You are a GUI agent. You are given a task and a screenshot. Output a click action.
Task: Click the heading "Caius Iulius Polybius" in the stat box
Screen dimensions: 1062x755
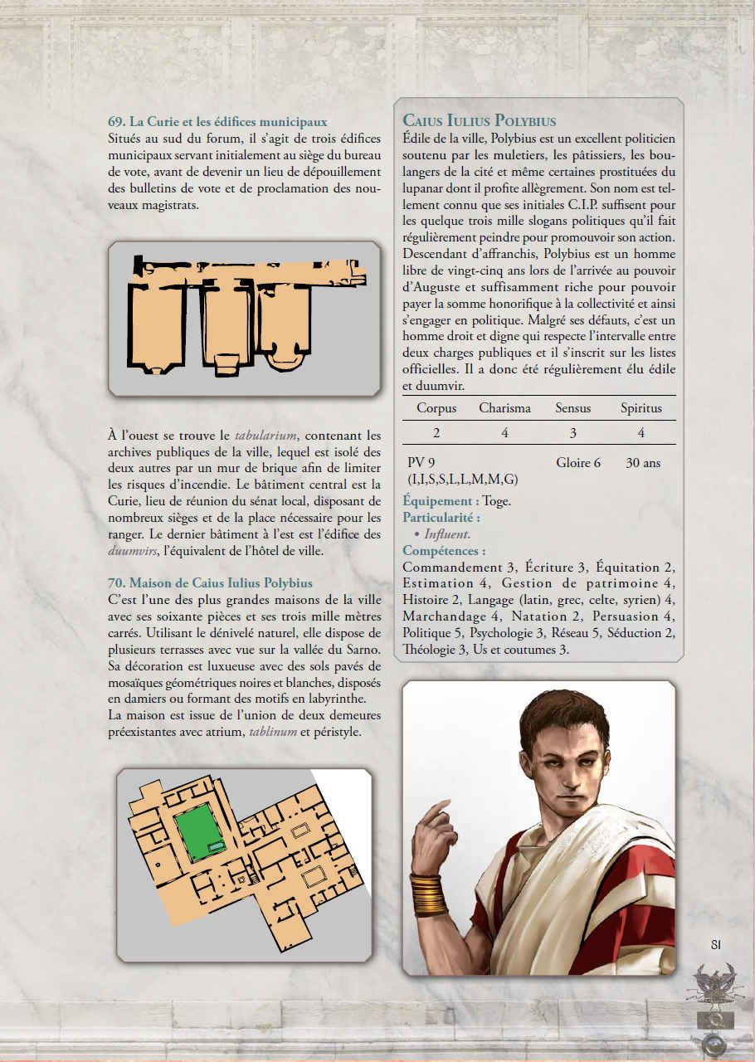pos(479,121)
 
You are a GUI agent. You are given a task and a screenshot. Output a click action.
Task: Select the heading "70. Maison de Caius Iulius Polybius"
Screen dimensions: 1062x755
pos(210,583)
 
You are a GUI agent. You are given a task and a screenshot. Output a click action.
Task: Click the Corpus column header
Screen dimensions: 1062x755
pos(436,408)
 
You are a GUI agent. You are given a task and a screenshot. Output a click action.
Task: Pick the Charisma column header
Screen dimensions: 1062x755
pos(505,408)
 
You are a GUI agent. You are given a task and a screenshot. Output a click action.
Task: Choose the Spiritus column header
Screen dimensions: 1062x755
pos(641,408)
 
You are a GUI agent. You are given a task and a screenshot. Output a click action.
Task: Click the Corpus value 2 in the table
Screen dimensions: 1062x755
pos(436,433)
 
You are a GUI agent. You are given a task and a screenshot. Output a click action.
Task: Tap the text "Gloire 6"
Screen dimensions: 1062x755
pos(578,463)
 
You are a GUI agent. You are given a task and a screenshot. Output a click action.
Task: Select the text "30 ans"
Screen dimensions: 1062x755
pos(643,463)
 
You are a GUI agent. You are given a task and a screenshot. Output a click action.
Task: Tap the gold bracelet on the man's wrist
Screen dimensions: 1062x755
pos(429,894)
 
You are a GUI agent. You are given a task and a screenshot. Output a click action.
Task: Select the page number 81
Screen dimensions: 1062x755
pos(716,943)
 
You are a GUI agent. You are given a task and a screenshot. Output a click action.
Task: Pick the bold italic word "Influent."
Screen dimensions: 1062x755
pos(447,534)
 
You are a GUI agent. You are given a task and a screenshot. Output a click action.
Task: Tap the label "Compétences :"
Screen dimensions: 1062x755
pos(444,551)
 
